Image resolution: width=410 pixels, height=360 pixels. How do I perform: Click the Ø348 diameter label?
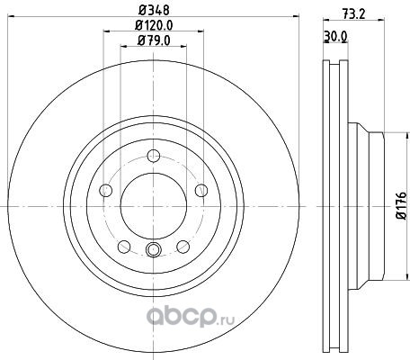pos(154,10)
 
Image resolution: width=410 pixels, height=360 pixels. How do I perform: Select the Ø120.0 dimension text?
pos(154,25)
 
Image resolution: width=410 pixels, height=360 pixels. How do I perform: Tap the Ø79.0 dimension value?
pos(154,40)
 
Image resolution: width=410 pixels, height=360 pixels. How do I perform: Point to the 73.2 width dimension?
pos(353,13)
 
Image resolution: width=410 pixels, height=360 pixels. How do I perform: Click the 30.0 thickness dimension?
pos(335,37)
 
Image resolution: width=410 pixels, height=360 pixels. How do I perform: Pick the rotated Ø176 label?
pos(402,206)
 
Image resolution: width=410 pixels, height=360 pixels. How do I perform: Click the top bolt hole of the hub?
pos(154,156)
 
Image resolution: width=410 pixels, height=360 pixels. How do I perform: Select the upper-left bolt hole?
pos(105,191)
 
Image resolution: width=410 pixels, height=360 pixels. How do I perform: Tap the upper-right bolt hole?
pos(201,190)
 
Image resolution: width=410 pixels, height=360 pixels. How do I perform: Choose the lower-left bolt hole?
pos(124,247)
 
